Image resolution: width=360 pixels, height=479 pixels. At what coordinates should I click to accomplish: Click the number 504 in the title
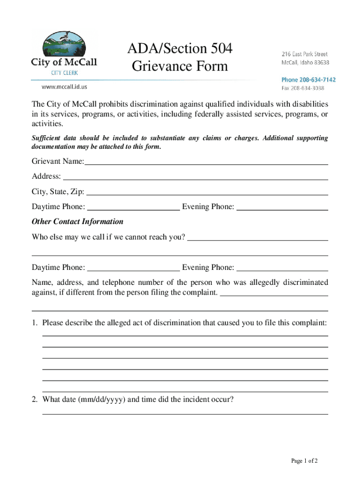tap(217, 49)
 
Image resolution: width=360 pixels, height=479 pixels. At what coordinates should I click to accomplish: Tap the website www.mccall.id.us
tap(64, 87)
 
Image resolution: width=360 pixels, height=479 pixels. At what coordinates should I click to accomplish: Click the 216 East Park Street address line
tap(304, 54)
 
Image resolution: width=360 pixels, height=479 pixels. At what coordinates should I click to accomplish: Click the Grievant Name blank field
tap(206, 164)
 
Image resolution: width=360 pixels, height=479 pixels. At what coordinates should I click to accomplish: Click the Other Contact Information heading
tap(78, 222)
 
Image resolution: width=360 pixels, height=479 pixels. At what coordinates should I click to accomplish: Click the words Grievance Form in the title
tap(180, 66)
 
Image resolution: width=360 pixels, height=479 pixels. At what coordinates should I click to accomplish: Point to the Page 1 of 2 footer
tap(304, 461)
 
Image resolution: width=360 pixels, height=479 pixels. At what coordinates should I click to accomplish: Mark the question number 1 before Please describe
tap(34, 323)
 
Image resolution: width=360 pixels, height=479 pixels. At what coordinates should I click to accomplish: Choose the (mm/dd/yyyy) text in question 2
tap(101, 400)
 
